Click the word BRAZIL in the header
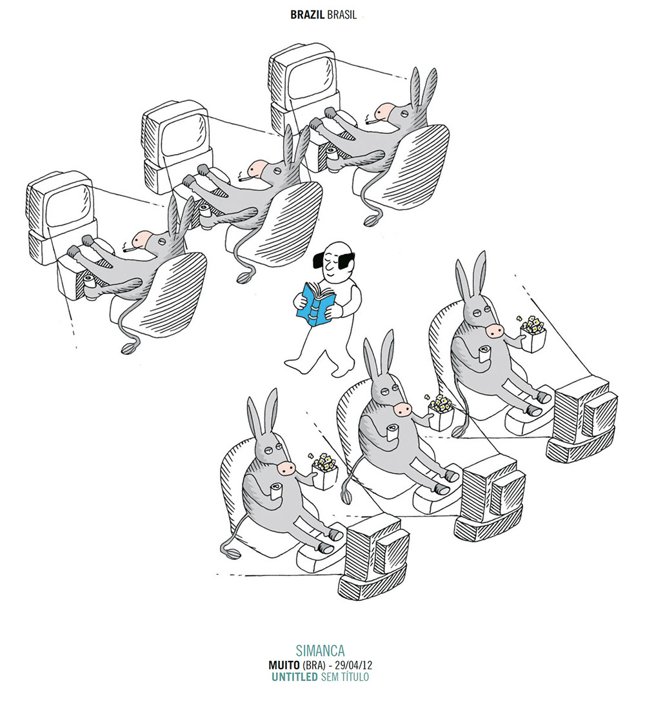pos(307,15)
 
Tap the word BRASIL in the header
pos(342,15)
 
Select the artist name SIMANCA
pos(320,651)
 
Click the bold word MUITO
pos(284,665)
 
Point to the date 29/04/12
pos(354,665)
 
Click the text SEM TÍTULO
pos(344,677)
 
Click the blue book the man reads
pos(317,304)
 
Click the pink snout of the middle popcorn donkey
pos(402,409)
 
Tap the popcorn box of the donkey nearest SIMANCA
pos(324,471)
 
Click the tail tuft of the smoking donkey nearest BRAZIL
pos(372,221)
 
